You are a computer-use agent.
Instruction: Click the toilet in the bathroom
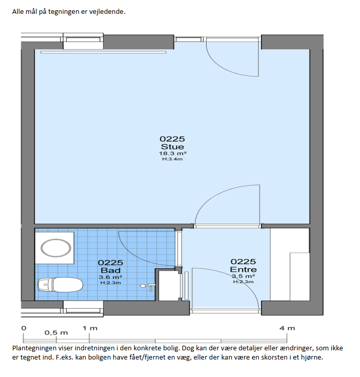(61, 285)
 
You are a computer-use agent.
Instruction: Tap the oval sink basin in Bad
(56, 248)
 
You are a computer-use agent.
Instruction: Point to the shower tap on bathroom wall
(148, 287)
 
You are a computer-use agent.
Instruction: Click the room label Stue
(172, 147)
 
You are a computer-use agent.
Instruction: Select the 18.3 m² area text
(172, 153)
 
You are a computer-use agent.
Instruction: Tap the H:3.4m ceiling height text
(172, 159)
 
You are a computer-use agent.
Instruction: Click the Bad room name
(111, 270)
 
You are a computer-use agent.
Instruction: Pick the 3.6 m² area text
(111, 277)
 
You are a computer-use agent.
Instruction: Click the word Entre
(243, 269)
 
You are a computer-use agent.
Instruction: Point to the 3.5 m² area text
(243, 276)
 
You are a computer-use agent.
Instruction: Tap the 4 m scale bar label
(287, 328)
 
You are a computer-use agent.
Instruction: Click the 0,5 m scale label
(56, 333)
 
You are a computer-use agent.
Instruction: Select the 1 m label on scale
(90, 328)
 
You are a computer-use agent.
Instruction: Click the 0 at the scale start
(24, 328)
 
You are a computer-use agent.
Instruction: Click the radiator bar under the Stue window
(104, 52)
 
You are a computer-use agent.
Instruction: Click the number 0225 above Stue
(172, 139)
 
